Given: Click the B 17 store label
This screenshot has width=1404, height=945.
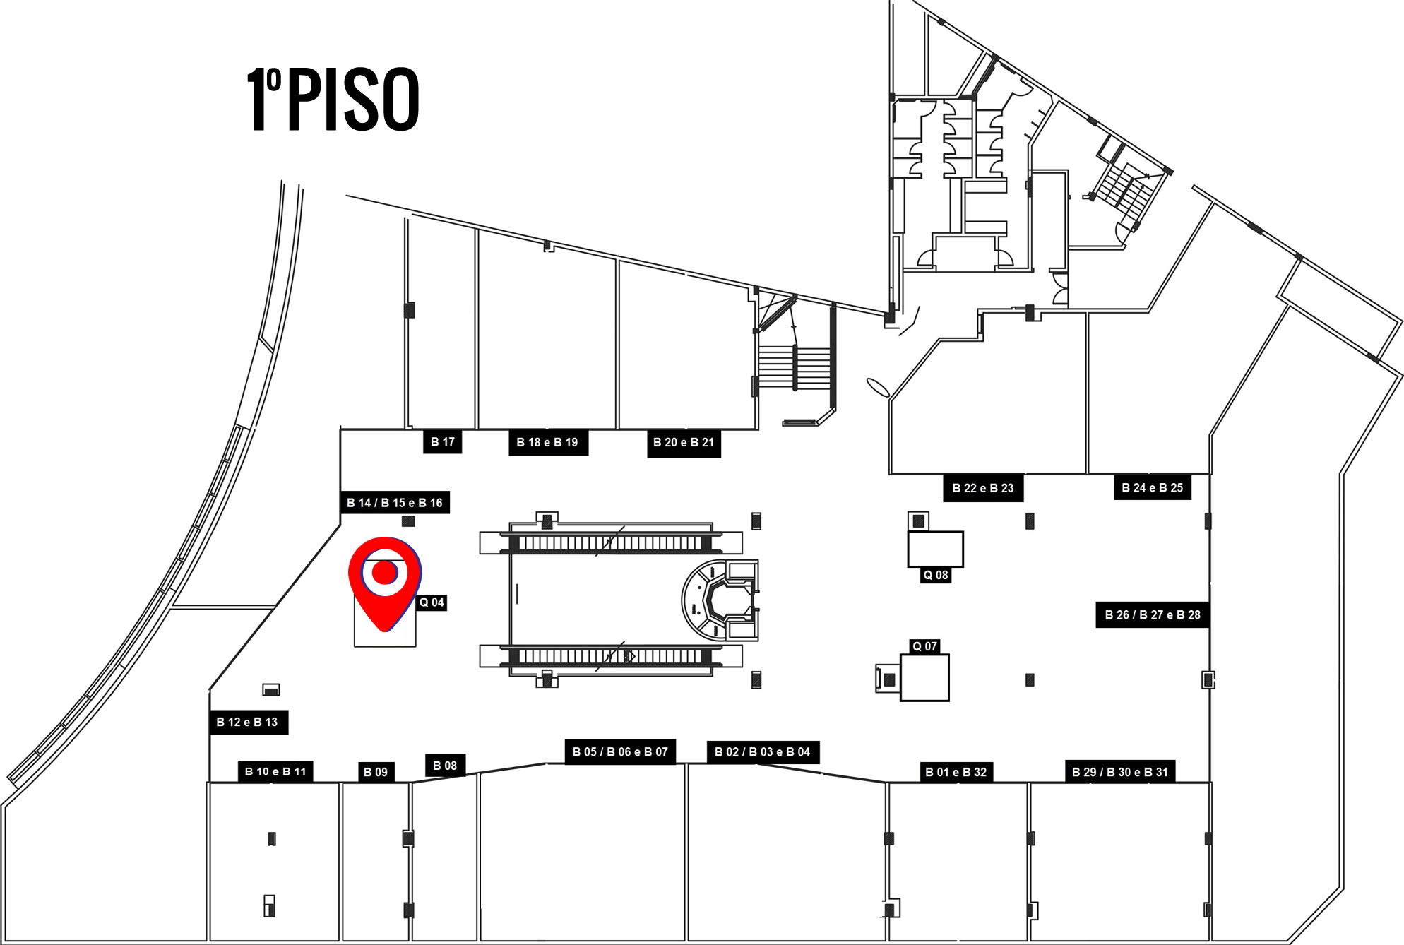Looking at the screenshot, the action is [x=443, y=442].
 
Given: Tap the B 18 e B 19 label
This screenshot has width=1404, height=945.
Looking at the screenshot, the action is [x=548, y=443].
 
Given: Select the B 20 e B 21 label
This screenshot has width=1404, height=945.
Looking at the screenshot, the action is [x=684, y=443].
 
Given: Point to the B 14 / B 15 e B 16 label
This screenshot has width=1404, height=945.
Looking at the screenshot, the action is [x=395, y=502].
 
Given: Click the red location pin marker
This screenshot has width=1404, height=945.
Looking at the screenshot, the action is [x=385, y=583].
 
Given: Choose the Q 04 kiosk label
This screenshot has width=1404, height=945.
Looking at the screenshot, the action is [x=432, y=602].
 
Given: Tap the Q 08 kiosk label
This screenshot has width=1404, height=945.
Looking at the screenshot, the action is [x=936, y=575].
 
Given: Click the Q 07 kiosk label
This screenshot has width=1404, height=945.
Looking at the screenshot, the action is [x=924, y=646].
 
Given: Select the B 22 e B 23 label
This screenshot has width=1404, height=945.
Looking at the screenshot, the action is [x=983, y=488].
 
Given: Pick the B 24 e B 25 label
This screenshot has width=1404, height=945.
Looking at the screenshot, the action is [x=1153, y=487].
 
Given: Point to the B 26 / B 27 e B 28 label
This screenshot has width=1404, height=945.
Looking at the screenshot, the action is [x=1153, y=614].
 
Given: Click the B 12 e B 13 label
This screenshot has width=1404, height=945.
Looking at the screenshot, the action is [x=247, y=722].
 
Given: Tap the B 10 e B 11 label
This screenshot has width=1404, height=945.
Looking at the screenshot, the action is [x=275, y=771].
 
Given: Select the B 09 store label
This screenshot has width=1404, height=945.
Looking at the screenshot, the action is [x=376, y=772].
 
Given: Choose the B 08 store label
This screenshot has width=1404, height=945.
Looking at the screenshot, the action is [x=445, y=766].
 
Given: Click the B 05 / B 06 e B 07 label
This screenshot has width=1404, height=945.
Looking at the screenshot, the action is [x=620, y=751].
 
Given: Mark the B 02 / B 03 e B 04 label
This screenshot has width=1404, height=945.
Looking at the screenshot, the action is [x=763, y=751].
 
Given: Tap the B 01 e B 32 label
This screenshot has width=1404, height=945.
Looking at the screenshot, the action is [x=956, y=772].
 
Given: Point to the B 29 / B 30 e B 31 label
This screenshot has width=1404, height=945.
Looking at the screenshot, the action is [x=1120, y=772].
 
